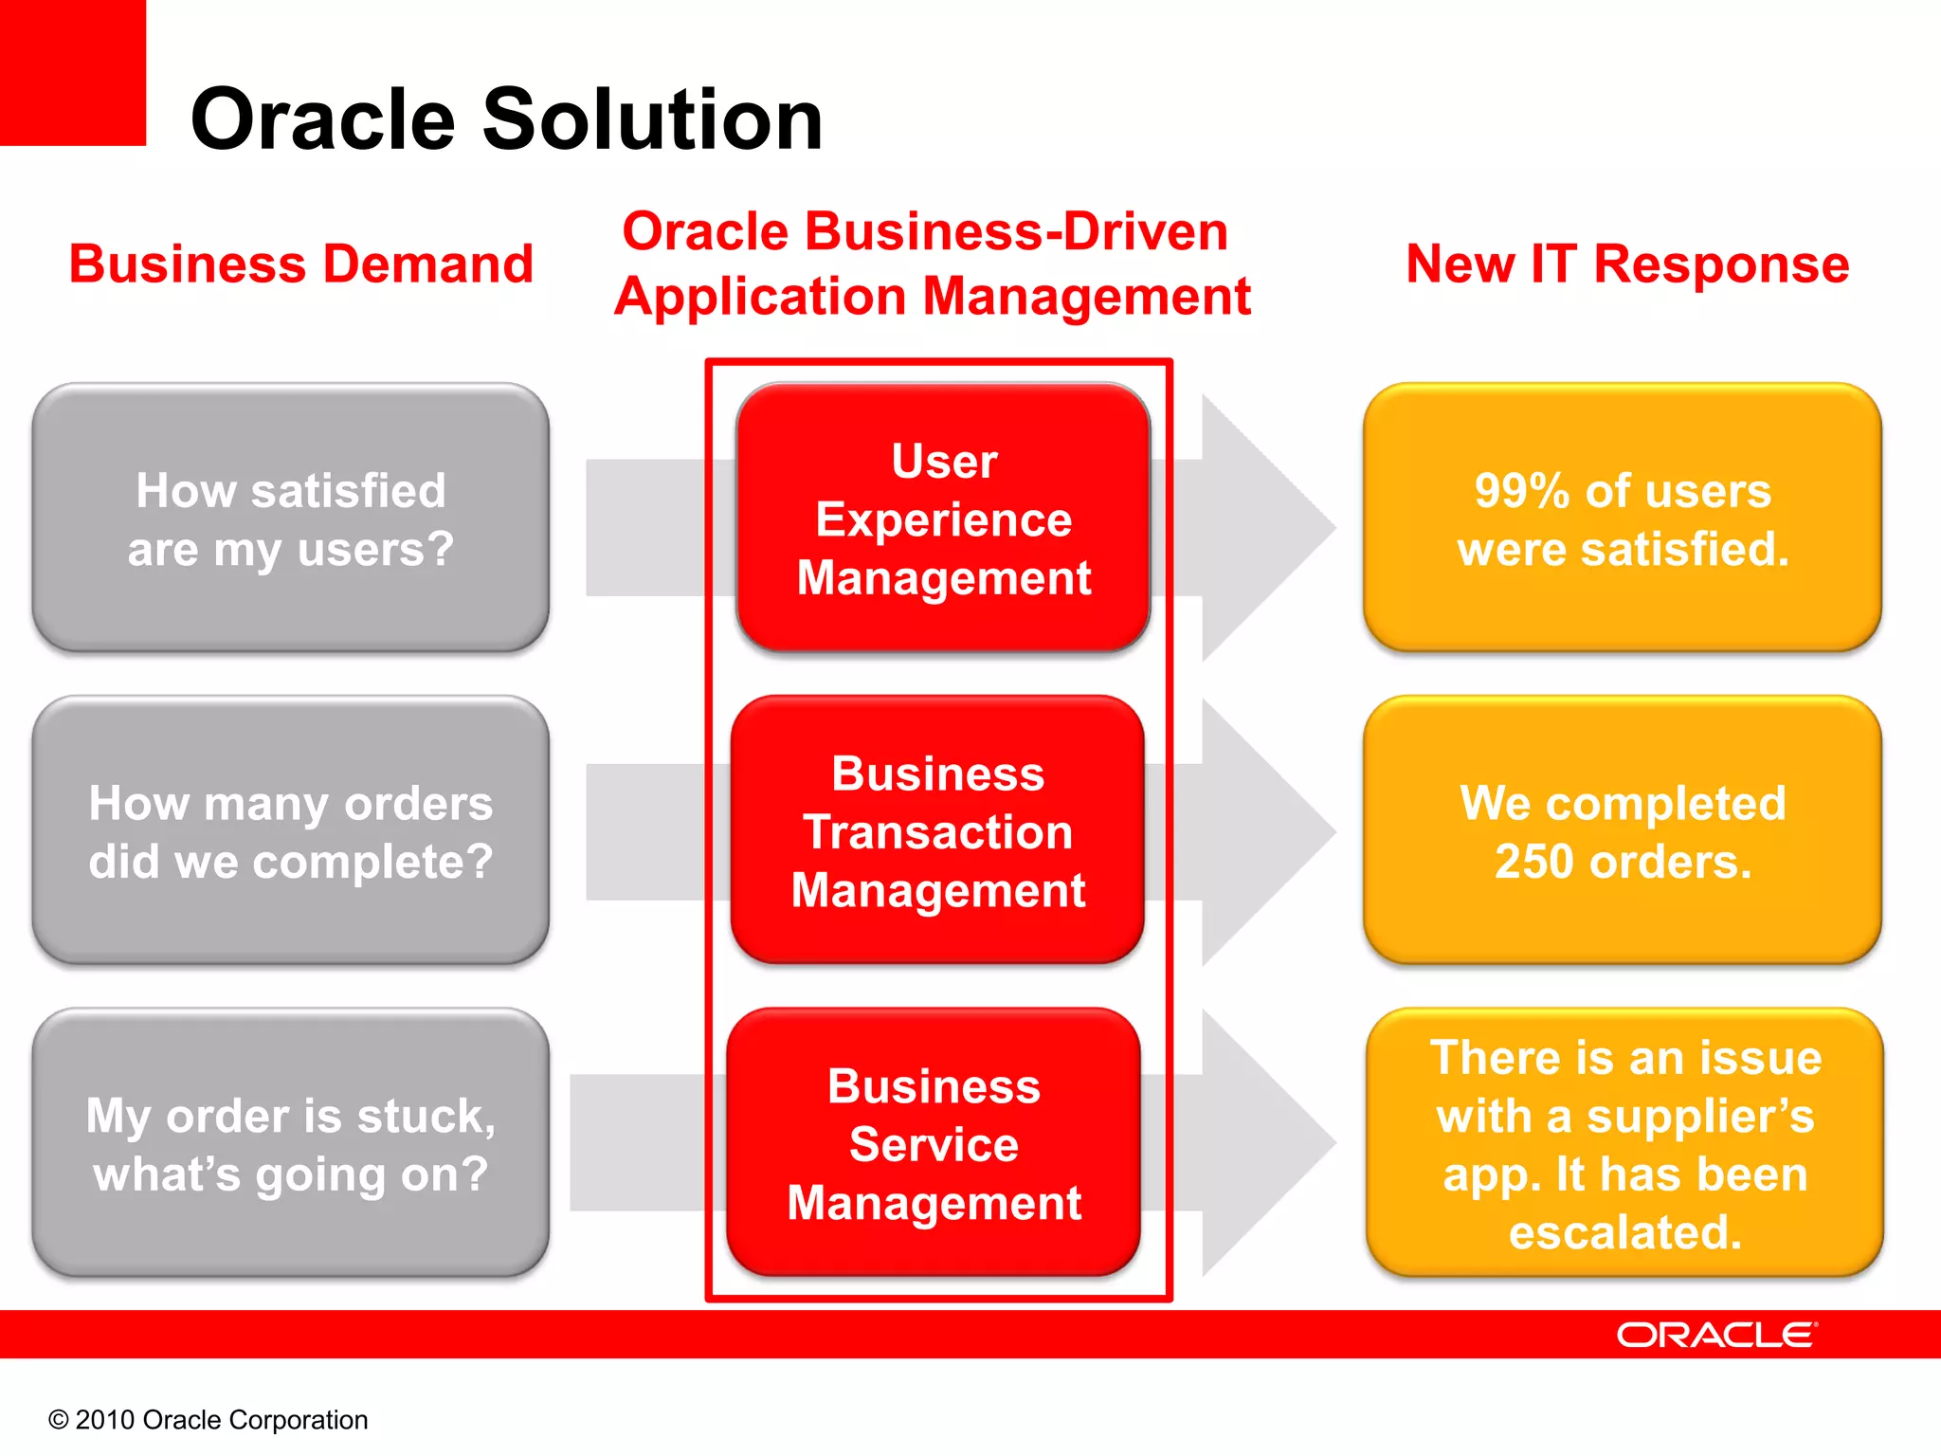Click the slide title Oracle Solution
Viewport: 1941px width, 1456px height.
click(506, 119)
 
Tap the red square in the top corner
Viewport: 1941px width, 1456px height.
click(72, 72)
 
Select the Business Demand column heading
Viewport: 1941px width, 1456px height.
click(300, 264)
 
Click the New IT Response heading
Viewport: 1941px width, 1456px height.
click(1626, 264)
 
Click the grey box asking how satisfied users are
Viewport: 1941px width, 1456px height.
click(290, 518)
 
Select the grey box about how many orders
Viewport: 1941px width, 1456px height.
click(290, 830)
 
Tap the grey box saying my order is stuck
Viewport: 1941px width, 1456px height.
click(290, 1143)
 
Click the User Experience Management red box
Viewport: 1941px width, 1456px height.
click(943, 518)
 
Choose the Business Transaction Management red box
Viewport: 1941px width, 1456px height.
click(937, 830)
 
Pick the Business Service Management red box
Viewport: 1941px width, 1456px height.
click(934, 1143)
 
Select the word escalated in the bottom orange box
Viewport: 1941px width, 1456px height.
click(1624, 1232)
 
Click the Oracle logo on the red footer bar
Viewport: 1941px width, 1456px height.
click(1715, 1335)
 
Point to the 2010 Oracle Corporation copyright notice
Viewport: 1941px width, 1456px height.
click(208, 1419)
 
